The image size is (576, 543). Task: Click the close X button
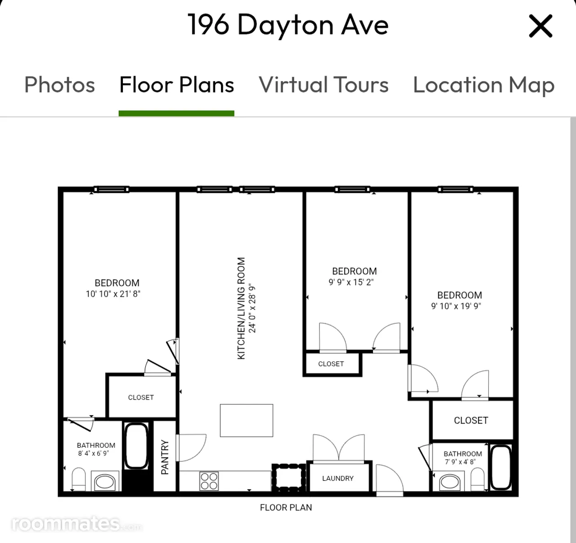coord(540,26)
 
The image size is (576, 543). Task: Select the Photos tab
coord(60,85)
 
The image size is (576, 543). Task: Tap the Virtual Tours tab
coord(324,85)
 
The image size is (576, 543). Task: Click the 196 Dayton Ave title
coord(288,25)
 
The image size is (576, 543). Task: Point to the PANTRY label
coord(165,457)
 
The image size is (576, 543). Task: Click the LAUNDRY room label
coord(338,478)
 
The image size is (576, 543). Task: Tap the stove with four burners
coord(209,481)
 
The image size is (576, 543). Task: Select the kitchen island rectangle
coord(247,420)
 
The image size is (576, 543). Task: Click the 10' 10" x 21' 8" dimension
coord(113,294)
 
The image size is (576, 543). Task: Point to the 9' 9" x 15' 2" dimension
coord(351,282)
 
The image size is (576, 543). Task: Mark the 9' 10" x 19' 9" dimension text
coord(456,306)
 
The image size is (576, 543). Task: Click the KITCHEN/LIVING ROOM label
coord(241,308)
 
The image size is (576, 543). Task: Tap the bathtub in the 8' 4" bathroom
coord(136,446)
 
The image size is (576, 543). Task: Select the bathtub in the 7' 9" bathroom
coord(500,467)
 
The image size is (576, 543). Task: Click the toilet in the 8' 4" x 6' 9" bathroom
coord(79,479)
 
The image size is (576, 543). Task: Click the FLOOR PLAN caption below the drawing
coord(286,507)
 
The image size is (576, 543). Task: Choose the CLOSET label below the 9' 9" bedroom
coord(331,364)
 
